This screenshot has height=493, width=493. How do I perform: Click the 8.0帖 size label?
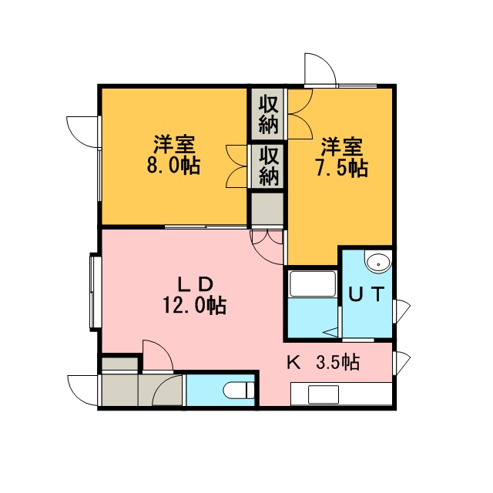(173, 166)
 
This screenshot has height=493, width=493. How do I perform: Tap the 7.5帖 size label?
(341, 169)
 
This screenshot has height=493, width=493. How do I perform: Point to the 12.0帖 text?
(194, 306)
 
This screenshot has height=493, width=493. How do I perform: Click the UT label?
(367, 294)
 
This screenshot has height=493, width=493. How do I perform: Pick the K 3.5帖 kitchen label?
(324, 362)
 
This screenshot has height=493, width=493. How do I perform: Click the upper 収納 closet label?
(268, 115)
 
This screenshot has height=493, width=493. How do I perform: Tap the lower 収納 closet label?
(269, 166)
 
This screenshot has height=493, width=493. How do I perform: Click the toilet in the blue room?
(239, 391)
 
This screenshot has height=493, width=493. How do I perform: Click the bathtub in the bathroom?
(313, 283)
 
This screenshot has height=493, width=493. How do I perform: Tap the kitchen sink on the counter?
(324, 394)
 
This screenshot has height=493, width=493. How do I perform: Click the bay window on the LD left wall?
(96, 292)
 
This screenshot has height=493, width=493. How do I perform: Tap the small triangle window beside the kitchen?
(403, 363)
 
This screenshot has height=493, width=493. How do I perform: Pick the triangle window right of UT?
(403, 311)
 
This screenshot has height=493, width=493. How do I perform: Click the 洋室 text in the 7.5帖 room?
(342, 147)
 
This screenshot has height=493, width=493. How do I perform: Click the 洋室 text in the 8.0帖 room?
(174, 145)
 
